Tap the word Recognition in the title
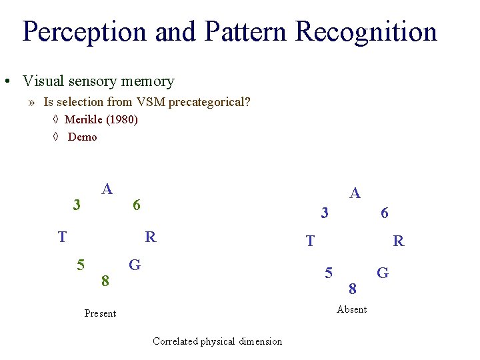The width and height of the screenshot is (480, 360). (x=366, y=31)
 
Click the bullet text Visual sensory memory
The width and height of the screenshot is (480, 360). (x=98, y=81)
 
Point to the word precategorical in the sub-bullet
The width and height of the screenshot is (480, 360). (x=209, y=102)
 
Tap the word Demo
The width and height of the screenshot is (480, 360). (x=83, y=137)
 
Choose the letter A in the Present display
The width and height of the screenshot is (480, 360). (x=107, y=189)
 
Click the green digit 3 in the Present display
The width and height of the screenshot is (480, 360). (x=77, y=205)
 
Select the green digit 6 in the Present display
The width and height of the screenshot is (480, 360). (x=136, y=205)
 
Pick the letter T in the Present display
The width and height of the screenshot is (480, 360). (x=62, y=237)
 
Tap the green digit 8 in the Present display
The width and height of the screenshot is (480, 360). (x=105, y=281)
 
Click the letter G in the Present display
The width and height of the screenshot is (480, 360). (x=135, y=265)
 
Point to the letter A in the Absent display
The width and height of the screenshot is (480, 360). (x=355, y=193)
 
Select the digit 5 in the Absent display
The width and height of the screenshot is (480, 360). (x=329, y=273)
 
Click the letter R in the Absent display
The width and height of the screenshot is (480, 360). (x=399, y=241)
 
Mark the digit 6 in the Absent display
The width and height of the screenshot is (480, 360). (x=385, y=213)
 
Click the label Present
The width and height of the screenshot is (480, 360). (x=100, y=313)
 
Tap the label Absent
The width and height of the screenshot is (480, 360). (x=352, y=309)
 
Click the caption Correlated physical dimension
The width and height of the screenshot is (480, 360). (x=217, y=341)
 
